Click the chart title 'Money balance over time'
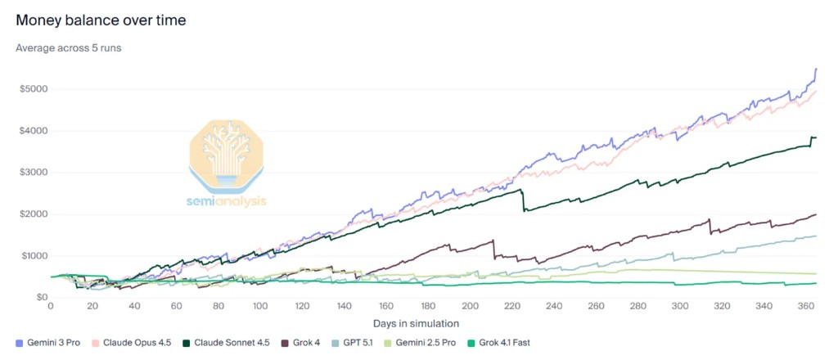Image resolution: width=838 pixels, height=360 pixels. pos(101,19)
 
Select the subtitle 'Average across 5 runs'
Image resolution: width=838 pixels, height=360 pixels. pos(69,47)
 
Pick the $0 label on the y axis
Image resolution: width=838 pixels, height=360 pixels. pos(38,297)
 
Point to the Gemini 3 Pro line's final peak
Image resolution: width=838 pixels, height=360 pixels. pos(816,70)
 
